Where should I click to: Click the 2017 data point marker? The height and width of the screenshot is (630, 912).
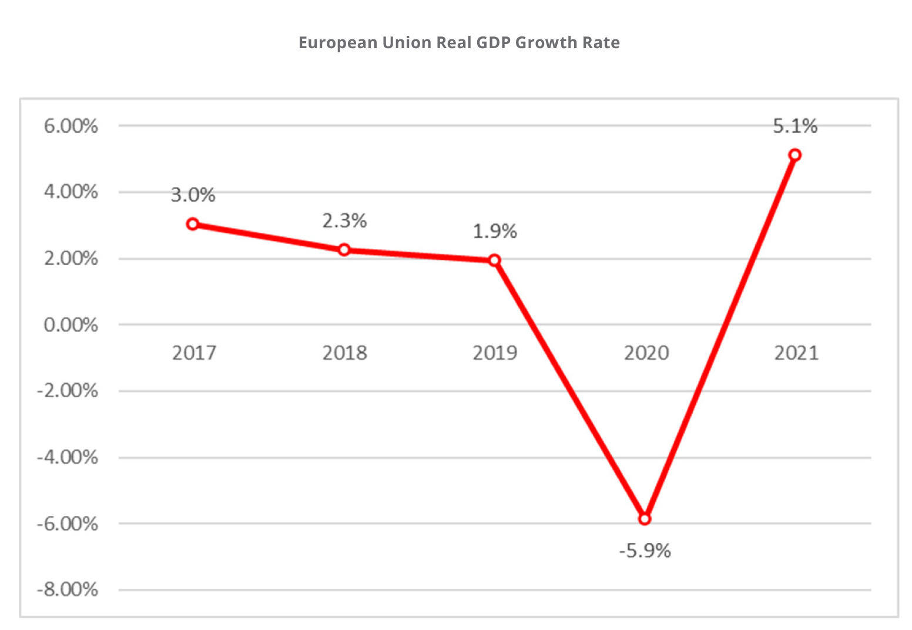click(x=193, y=224)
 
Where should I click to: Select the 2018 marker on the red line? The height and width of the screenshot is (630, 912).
click(x=344, y=250)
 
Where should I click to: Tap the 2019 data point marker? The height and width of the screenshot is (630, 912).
click(x=495, y=260)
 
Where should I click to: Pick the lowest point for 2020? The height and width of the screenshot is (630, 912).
click(x=645, y=519)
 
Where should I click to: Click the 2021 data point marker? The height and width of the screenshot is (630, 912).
click(x=795, y=155)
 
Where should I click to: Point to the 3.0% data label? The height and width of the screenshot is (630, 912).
click(x=193, y=195)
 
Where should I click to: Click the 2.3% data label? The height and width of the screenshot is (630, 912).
click(x=344, y=221)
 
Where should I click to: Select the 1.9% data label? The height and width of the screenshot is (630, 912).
click(x=495, y=232)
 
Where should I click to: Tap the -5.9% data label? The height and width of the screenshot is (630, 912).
click(x=645, y=551)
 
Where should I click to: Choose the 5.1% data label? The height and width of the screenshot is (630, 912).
click(x=795, y=126)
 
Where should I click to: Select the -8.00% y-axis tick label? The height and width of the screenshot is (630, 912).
click(x=67, y=589)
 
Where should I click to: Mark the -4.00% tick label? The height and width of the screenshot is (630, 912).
click(x=67, y=457)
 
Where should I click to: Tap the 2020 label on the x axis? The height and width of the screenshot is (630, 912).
click(x=646, y=353)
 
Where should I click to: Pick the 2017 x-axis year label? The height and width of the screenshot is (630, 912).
click(x=194, y=353)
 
